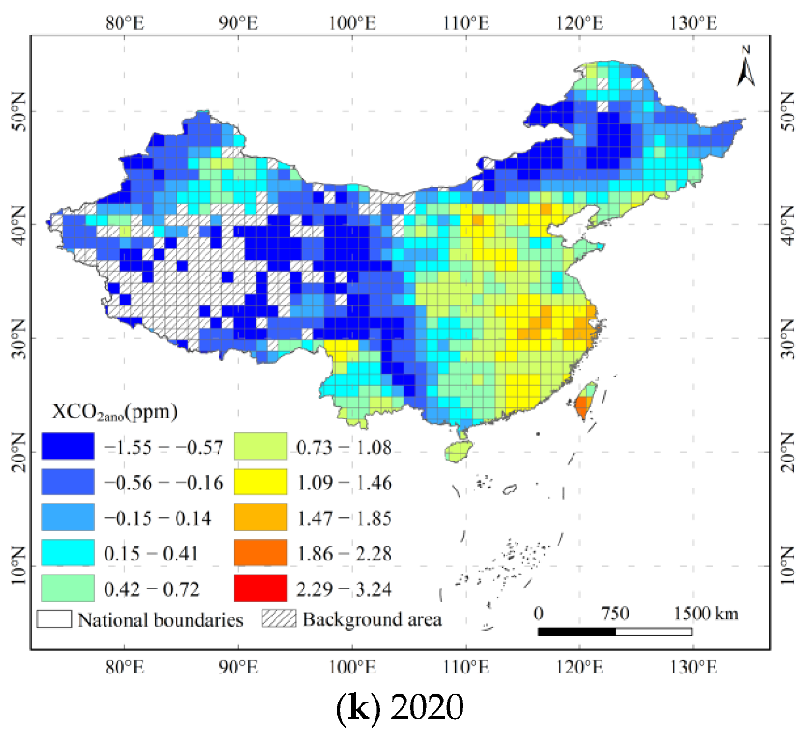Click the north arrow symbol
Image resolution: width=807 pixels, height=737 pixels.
coord(746,65)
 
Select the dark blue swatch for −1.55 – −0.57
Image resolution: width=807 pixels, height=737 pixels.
coord(67,447)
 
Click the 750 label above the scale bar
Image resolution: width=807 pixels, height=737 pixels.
coord(615,614)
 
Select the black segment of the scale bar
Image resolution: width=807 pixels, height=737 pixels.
coord(576,632)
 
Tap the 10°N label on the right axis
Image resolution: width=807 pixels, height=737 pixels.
coord(787,565)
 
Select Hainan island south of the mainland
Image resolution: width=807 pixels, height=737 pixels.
coord(456,451)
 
